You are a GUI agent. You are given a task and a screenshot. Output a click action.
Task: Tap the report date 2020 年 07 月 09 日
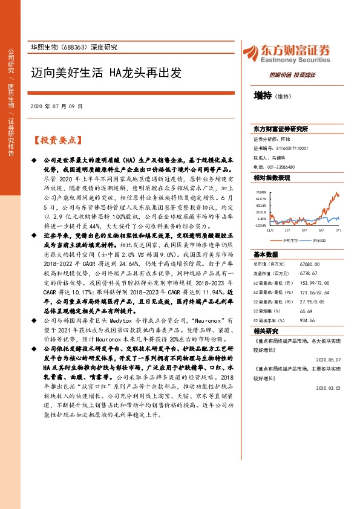point(56,106)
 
